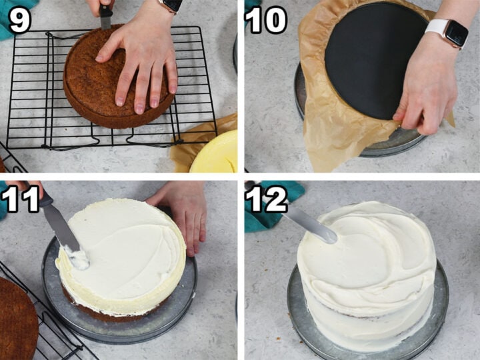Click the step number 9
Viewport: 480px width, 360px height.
coord(19,20)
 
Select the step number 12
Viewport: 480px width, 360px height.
coord(267,199)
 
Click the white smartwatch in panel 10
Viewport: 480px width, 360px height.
coord(447,33)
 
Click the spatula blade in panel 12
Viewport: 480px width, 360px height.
coord(310,226)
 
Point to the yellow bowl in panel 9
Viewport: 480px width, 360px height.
coord(217,153)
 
